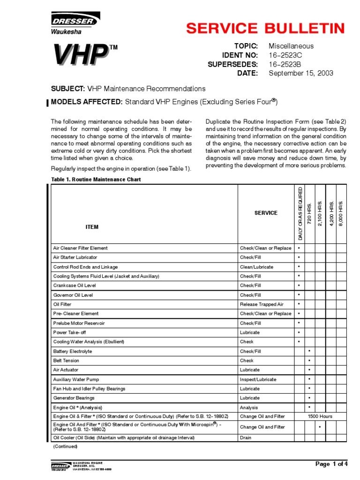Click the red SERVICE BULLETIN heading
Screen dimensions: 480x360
click(265, 28)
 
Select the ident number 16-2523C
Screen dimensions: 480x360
click(285, 55)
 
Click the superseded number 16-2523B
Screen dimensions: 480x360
click(285, 64)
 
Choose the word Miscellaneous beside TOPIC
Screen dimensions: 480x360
click(291, 46)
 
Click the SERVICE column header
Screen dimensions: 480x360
click(266, 213)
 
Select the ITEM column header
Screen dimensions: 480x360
click(92, 227)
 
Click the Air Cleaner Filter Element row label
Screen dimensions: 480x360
click(80, 248)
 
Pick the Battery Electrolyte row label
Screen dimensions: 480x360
click(73, 351)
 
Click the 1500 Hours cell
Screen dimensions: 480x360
click(320, 417)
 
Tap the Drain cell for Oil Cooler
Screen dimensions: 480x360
click(246, 438)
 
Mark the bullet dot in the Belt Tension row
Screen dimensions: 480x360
click(309, 360)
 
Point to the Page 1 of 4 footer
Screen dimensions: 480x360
click(332, 464)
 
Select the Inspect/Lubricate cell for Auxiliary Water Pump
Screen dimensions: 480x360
click(258, 379)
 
